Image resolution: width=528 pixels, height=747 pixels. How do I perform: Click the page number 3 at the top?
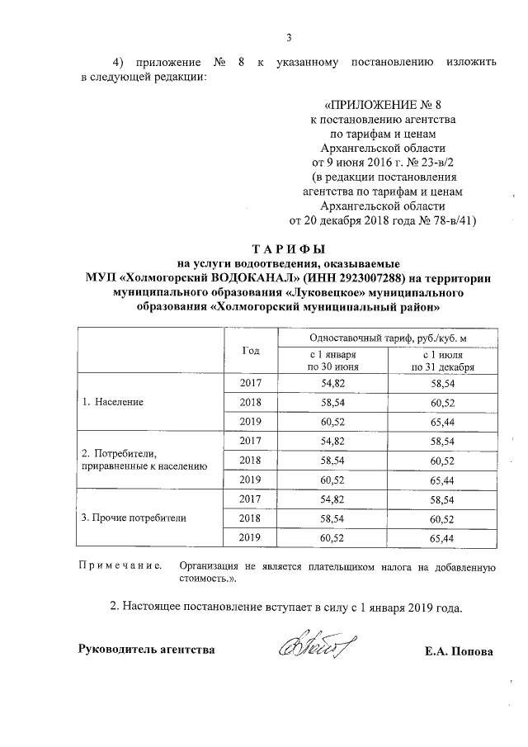pos(289,35)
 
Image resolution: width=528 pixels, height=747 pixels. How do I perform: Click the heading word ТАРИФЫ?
pos(288,248)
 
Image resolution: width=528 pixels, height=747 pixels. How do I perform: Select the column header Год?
pos(251,350)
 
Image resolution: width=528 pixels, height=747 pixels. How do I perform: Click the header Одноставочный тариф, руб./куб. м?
pos(388,338)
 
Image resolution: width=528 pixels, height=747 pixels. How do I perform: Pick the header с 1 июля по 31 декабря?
pos(442,361)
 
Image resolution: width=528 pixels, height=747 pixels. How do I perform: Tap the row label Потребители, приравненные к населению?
pos(138,460)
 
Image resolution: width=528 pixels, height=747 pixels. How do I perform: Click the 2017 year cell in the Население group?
pos(251,384)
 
